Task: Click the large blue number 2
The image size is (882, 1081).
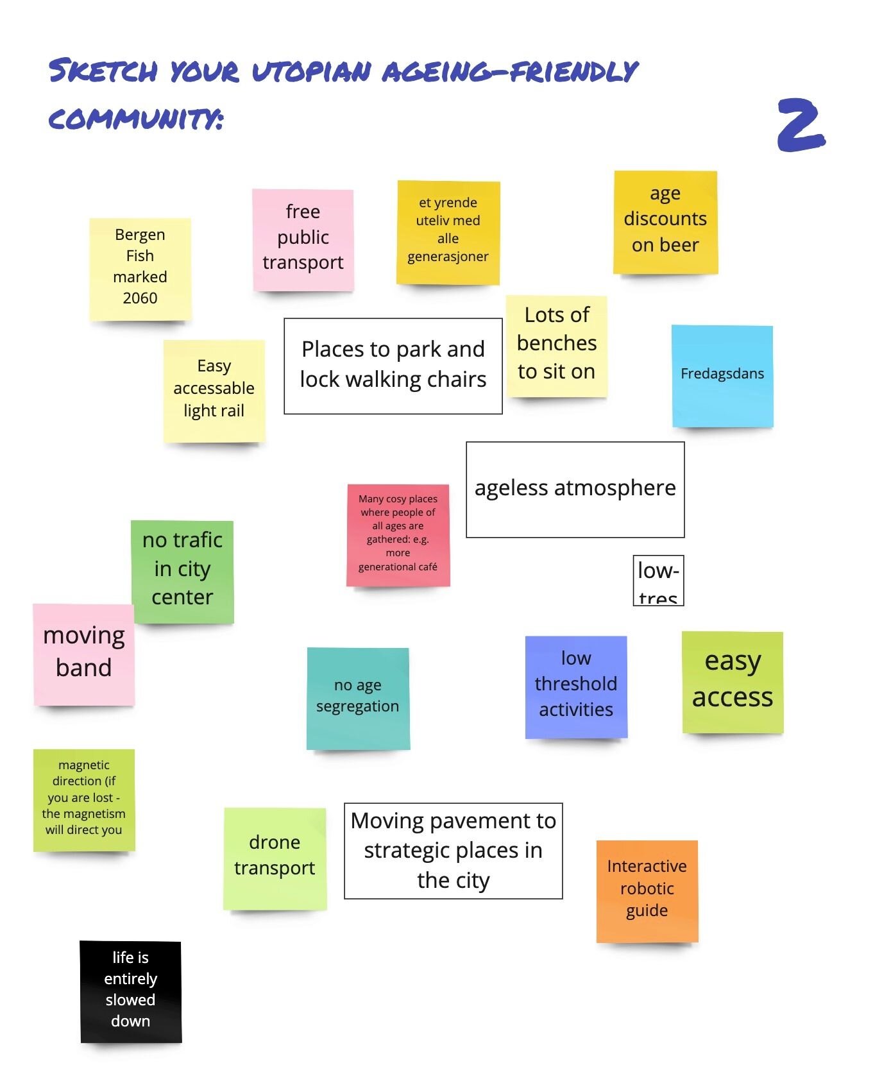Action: click(x=801, y=125)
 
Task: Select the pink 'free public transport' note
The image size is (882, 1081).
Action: click(x=303, y=239)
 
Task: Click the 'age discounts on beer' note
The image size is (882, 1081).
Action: click(x=665, y=221)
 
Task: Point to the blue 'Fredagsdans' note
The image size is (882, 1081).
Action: click(x=722, y=375)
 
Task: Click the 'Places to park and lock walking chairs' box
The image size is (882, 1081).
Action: click(x=393, y=366)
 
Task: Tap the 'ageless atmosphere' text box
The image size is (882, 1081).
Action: click(x=575, y=489)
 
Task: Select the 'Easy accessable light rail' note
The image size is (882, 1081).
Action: click(x=214, y=390)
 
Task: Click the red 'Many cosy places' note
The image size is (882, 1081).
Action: click(x=398, y=534)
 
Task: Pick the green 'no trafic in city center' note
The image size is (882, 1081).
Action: click(x=182, y=570)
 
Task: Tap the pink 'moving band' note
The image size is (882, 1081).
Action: click(x=84, y=654)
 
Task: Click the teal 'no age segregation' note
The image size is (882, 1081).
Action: click(x=358, y=697)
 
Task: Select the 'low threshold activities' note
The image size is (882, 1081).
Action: click(x=575, y=686)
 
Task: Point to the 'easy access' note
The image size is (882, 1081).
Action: click(x=732, y=681)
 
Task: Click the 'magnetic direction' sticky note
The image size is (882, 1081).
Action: click(x=84, y=799)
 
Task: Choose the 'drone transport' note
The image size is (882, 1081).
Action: click(x=275, y=857)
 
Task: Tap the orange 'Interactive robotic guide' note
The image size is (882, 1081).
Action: click(x=647, y=890)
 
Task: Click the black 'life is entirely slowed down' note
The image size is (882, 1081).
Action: click(x=131, y=991)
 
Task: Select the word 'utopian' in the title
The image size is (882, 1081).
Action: click(x=311, y=72)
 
